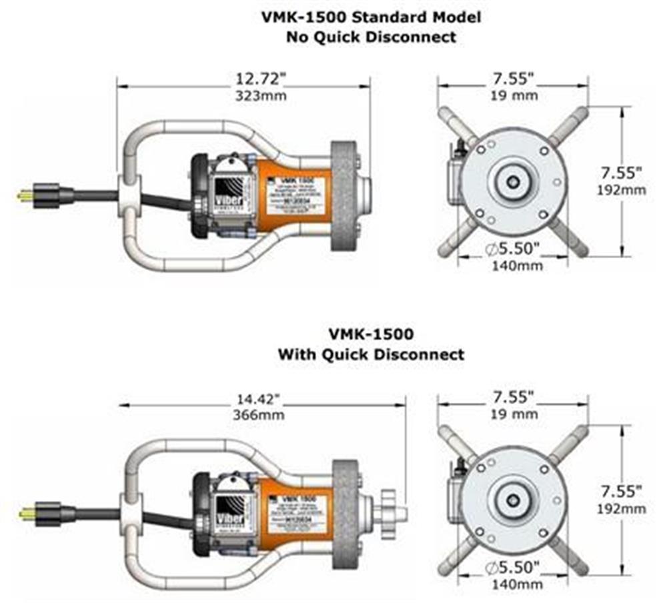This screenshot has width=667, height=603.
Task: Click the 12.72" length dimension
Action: point(259,79)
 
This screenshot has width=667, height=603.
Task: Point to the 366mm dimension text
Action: point(261,415)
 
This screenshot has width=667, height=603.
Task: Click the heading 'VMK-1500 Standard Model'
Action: point(371,17)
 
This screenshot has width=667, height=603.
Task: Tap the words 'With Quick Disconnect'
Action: point(371,354)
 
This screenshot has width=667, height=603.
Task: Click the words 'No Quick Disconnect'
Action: point(371,36)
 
